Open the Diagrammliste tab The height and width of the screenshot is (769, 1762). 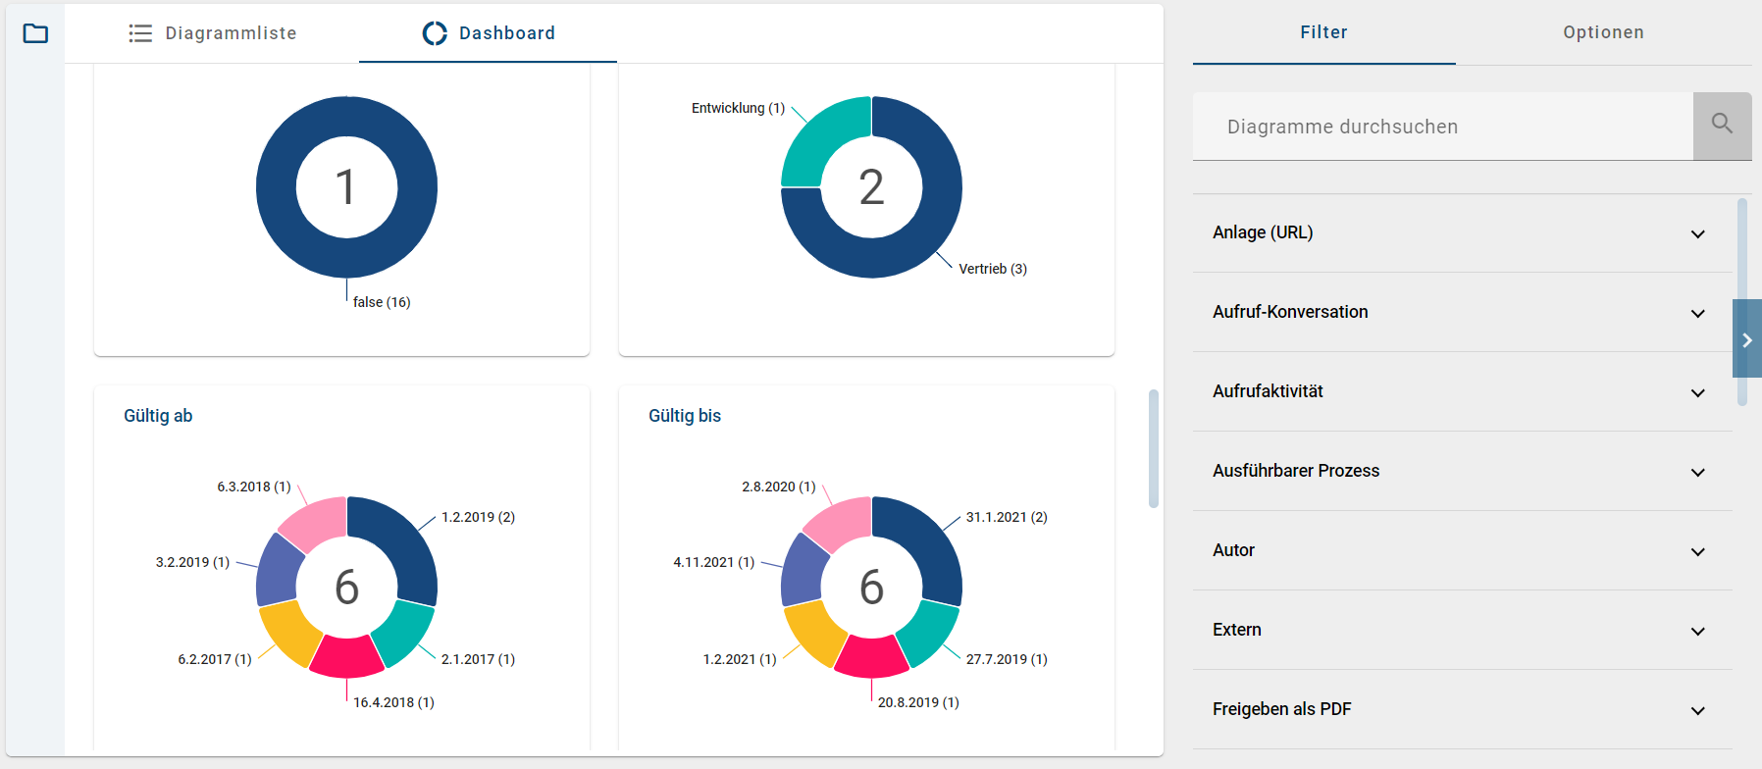click(x=213, y=33)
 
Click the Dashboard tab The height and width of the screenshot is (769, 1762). click(x=489, y=33)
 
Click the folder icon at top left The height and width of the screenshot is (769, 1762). click(x=35, y=33)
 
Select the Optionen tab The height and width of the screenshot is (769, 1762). click(x=1603, y=32)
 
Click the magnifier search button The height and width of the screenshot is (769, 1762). click(x=1722, y=126)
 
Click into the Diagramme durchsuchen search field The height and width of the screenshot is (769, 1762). click(x=1442, y=127)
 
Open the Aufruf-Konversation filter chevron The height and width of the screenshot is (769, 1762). click(x=1697, y=313)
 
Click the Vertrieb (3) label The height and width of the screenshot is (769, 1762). click(x=992, y=269)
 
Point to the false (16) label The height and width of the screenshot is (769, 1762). click(x=382, y=302)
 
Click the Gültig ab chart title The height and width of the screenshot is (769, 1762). click(x=158, y=416)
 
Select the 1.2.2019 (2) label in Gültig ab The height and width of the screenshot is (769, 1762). click(x=478, y=517)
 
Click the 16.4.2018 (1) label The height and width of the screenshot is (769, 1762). click(x=393, y=702)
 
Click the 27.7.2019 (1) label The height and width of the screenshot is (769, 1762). click(x=1007, y=659)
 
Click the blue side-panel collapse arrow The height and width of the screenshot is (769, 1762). click(x=1746, y=339)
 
